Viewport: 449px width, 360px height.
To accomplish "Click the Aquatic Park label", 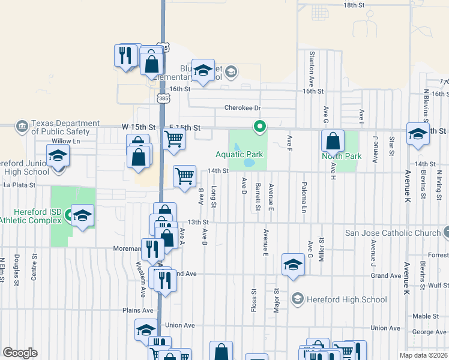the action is coord(240,155).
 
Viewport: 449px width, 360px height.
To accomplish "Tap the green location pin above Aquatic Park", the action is coord(260,127).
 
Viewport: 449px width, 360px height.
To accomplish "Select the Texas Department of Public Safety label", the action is coord(60,127).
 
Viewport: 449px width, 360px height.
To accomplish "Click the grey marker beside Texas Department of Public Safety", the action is coord(22,126).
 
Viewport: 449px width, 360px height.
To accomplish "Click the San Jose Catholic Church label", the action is coord(393,233).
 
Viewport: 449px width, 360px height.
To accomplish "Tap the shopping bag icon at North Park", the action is coord(333,142).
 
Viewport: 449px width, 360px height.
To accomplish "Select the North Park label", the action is coord(342,156).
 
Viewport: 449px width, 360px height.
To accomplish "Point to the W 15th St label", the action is coord(139,128).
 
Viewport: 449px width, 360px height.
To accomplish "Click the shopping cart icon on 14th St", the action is coord(184,176).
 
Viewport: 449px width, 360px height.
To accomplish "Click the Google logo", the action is coord(20,353).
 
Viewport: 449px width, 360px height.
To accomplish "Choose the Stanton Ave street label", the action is coord(312,69).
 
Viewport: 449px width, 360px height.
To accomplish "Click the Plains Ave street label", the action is coord(138,310).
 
